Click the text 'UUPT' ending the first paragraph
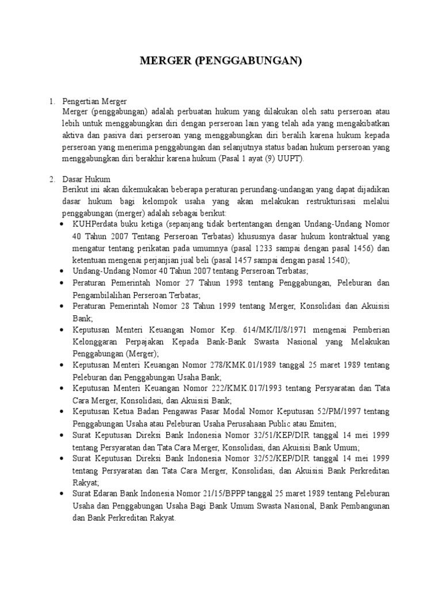coord(291,159)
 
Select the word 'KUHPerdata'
coord(96,224)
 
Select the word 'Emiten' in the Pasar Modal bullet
coord(318,423)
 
